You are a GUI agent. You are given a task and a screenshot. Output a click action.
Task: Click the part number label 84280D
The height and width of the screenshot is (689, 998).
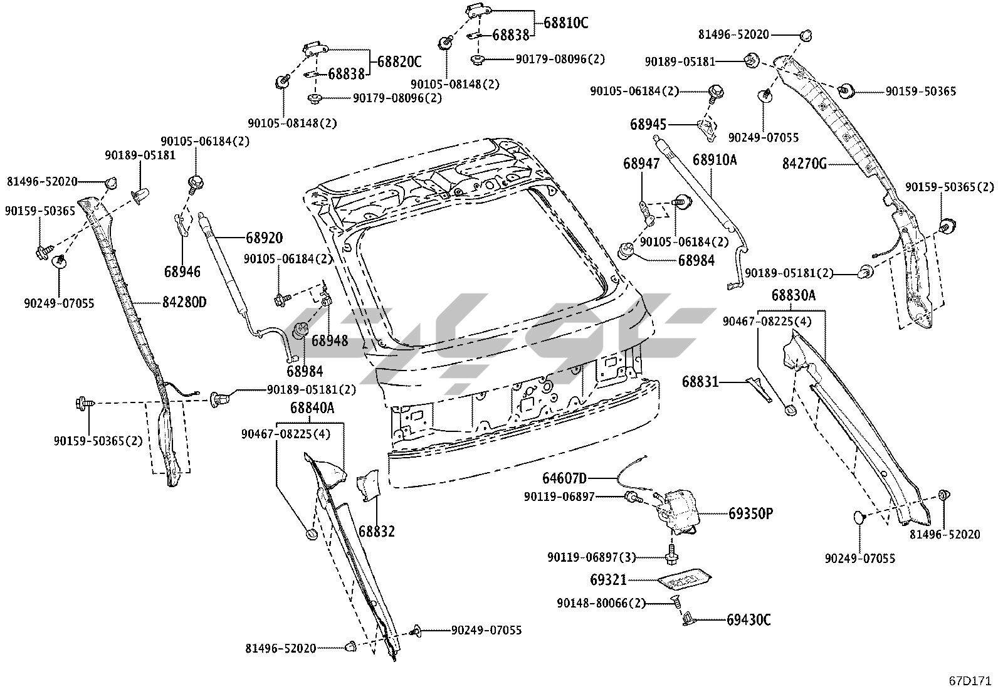click(x=184, y=302)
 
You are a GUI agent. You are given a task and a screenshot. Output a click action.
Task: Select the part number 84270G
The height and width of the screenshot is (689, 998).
click(x=804, y=164)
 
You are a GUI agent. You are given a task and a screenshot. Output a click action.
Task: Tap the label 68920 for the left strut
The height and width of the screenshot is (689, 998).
click(x=264, y=238)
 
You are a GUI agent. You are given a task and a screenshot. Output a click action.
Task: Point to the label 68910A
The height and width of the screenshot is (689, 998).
click(x=715, y=160)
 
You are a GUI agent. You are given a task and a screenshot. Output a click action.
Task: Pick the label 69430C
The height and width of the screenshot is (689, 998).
click(x=748, y=620)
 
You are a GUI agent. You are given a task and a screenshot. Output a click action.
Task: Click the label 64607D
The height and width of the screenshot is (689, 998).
click(x=565, y=479)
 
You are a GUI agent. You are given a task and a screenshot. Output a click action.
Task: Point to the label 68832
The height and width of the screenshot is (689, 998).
click(x=377, y=532)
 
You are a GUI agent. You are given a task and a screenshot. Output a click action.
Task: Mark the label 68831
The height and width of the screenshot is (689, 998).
click(x=700, y=381)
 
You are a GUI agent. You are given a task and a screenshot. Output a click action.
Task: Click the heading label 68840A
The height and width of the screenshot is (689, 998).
click(x=312, y=408)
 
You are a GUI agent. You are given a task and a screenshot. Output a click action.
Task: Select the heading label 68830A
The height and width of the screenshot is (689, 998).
click(x=793, y=295)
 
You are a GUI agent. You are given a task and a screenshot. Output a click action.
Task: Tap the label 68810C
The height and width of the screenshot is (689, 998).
click(x=566, y=23)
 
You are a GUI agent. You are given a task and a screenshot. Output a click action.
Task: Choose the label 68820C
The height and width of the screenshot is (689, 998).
click(x=399, y=61)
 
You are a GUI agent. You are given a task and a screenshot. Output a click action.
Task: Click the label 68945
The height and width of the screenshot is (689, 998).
click(x=648, y=124)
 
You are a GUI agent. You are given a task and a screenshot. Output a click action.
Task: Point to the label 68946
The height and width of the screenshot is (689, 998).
click(x=182, y=271)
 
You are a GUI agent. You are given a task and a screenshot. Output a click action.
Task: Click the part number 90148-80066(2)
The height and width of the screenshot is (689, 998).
click(x=601, y=603)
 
